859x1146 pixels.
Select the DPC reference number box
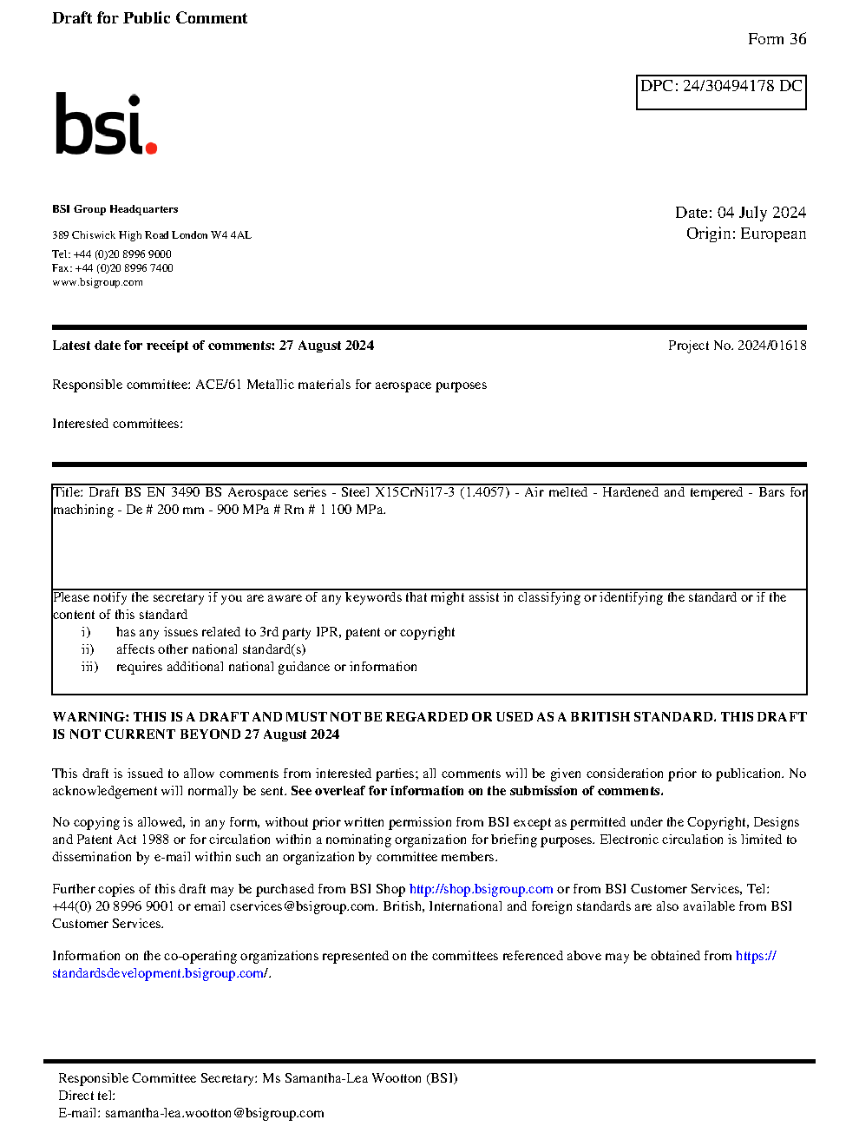721,92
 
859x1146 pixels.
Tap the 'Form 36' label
777,39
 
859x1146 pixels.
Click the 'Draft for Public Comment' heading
149,18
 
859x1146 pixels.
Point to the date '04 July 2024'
762,213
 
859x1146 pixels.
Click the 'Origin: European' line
746,234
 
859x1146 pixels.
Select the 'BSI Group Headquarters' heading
115,209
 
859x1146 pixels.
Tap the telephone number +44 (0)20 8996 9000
122,254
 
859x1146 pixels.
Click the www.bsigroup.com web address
97,282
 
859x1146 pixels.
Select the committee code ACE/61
218,385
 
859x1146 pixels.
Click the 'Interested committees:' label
117,424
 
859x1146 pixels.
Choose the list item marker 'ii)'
88,649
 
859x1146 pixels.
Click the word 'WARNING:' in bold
90,717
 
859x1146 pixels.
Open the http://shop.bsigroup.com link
481,889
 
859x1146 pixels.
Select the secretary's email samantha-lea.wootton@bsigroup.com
214,1113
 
